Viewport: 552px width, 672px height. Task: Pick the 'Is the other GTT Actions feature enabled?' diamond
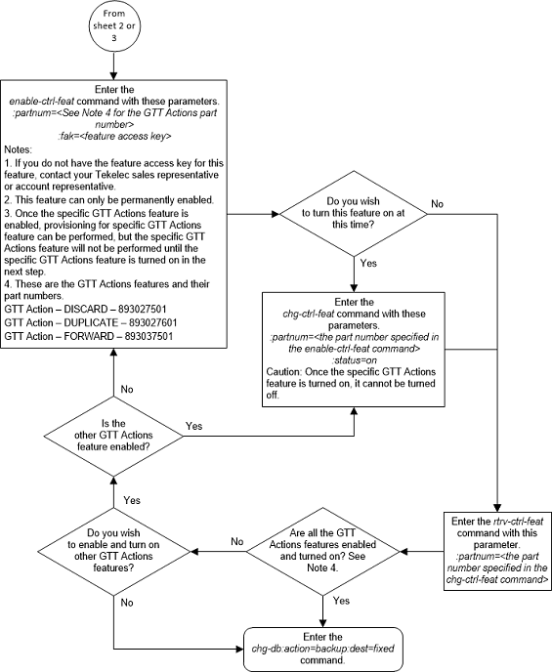click(115, 433)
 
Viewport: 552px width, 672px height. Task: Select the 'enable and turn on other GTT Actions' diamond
click(115, 552)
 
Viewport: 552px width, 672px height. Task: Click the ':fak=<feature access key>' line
click(114, 138)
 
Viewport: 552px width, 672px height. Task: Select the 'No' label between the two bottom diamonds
click(235, 541)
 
